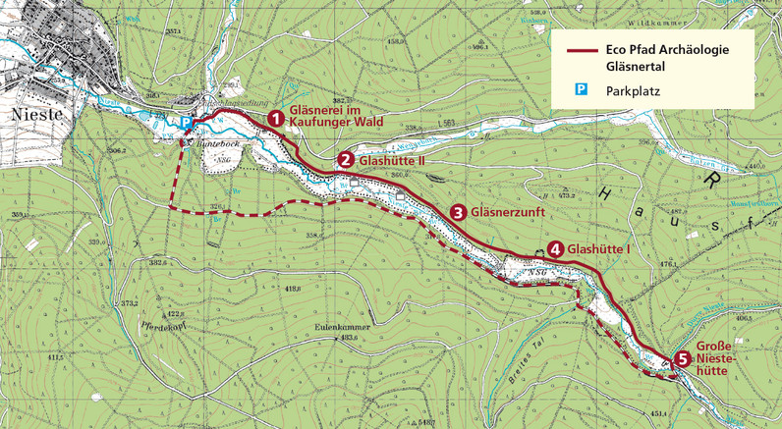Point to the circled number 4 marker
pyautogui.click(x=555, y=249)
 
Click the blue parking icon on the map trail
pyautogui.click(x=187, y=122)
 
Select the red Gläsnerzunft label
pyautogui.click(x=508, y=212)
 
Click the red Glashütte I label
pyautogui.click(x=601, y=249)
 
